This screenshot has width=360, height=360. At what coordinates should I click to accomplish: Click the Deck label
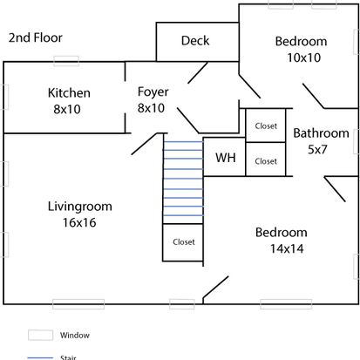click(x=195, y=40)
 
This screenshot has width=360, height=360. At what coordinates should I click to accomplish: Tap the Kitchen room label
click(x=69, y=93)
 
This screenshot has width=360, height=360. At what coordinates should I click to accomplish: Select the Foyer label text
click(x=153, y=92)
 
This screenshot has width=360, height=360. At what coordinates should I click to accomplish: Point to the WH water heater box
click(x=224, y=157)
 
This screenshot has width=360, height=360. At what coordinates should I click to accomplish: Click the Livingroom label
click(x=80, y=207)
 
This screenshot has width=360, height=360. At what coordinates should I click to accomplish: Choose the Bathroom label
click(x=321, y=133)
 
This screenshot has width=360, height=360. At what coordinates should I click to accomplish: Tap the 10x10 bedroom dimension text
click(x=304, y=58)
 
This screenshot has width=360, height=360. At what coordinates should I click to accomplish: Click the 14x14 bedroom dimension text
click(x=287, y=248)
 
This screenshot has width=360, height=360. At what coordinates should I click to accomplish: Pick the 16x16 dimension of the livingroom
click(x=79, y=222)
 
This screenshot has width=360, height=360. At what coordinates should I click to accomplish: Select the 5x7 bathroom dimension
click(x=317, y=149)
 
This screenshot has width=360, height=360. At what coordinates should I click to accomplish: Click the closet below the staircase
click(x=183, y=242)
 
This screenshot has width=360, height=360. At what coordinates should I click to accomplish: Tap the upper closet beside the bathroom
click(x=266, y=126)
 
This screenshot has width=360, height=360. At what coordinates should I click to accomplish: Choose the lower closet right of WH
click(x=266, y=160)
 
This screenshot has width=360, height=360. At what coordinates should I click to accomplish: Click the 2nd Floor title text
click(x=36, y=37)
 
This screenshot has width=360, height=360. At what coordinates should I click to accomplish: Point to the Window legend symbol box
click(x=41, y=335)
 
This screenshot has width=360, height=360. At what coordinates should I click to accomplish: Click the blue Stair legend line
click(x=41, y=357)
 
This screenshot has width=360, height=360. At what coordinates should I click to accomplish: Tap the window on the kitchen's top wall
click(x=66, y=61)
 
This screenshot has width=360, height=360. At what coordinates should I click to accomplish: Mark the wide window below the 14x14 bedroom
click(x=286, y=304)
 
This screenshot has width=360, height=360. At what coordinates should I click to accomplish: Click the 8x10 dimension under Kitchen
click(x=67, y=110)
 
